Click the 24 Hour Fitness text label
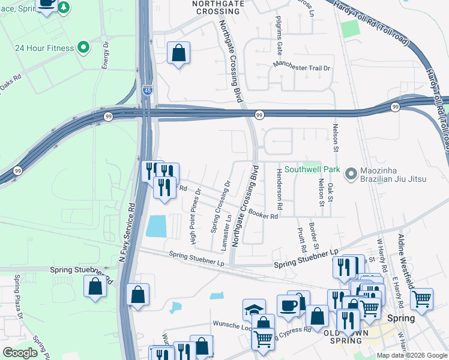44,48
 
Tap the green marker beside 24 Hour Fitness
83,47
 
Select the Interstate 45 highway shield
147,90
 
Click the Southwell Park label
312,170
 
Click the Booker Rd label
264,214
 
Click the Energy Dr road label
105,54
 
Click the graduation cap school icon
254,310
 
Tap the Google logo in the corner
20,353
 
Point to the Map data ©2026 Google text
412,355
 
